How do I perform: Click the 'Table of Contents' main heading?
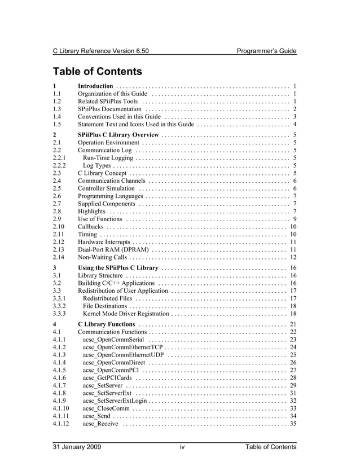point(96,72)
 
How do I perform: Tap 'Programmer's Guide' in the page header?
point(266,51)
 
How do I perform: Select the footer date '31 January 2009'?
point(77,447)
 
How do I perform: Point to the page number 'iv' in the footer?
point(182,447)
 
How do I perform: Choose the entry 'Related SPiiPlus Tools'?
point(108,101)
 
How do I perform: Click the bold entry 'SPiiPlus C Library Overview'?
point(118,135)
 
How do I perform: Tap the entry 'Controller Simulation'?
point(106,188)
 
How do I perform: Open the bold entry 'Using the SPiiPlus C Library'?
point(118,267)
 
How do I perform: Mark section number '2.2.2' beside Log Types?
point(59,165)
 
